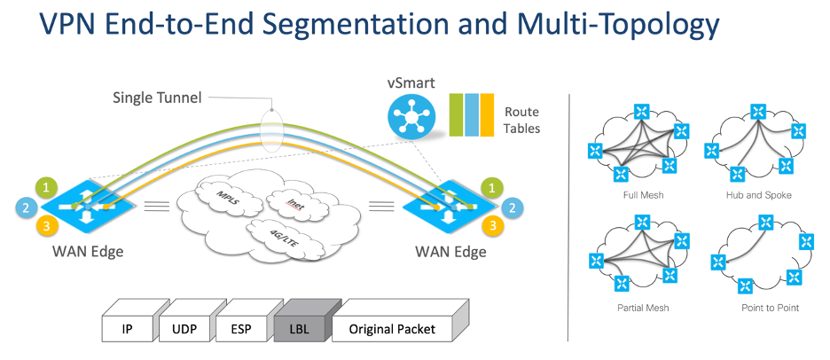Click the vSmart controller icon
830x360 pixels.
[x=410, y=116]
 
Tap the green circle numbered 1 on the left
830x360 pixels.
[x=48, y=187]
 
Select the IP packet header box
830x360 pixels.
[x=128, y=329]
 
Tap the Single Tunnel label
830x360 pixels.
[x=155, y=98]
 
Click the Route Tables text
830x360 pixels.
[x=521, y=120]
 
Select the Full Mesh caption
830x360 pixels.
[x=645, y=194]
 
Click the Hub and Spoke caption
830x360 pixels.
[x=758, y=194]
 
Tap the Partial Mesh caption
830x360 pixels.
[x=645, y=308]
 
